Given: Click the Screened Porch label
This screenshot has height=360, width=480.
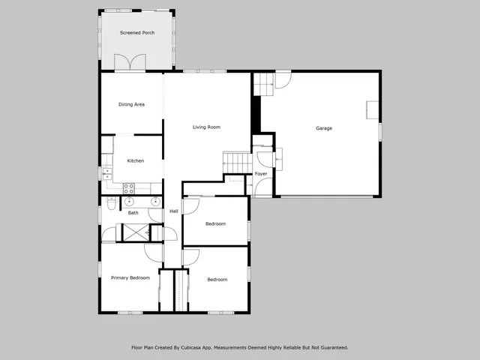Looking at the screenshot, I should (138, 33).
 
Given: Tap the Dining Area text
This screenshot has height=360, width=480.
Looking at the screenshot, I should (131, 104).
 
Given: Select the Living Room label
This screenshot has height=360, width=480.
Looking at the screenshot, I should (206, 127).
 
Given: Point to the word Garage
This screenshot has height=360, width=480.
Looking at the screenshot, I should (323, 128).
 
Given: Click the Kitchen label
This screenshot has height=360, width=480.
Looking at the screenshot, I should (135, 160).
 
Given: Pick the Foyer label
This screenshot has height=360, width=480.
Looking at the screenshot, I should (261, 174).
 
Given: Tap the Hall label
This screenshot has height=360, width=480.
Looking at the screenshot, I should (174, 211).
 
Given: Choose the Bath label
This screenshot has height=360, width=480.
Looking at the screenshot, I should (133, 213).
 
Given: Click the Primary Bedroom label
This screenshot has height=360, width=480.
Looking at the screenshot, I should (130, 277).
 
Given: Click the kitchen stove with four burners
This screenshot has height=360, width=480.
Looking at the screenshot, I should (128, 187).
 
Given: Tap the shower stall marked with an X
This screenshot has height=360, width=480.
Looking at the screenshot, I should (136, 232).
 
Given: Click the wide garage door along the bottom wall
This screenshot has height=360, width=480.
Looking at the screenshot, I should (324, 196).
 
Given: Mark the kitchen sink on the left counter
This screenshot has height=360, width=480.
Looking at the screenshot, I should (106, 173).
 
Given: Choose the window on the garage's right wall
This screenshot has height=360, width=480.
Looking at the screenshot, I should (380, 130).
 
